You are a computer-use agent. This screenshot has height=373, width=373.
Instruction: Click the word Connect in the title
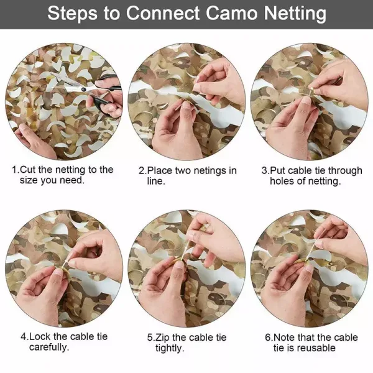tap(163, 13)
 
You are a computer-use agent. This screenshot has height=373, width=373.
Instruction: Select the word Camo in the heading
tap(232, 13)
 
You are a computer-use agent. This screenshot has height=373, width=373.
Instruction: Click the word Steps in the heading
tap(72, 14)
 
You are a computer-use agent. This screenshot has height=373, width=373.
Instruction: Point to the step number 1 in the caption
tap(15, 170)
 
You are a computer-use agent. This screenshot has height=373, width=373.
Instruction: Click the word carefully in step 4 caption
tap(49, 348)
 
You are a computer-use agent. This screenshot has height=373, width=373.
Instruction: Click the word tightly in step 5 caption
tap(170, 348)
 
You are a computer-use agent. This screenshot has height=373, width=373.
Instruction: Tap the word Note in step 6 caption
tap(284, 338)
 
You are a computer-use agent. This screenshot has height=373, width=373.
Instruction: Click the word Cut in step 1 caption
tap(28, 170)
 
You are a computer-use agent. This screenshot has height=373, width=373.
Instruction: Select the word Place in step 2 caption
tap(160, 171)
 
